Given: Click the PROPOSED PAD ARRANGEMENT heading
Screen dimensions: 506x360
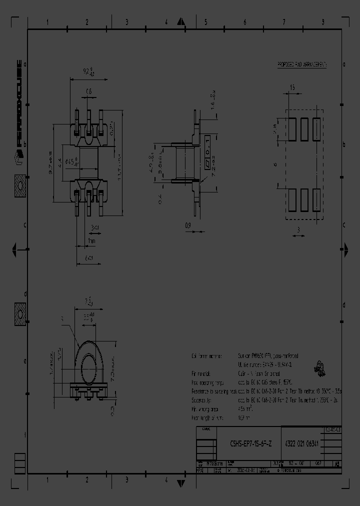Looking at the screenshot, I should [x=302, y=65].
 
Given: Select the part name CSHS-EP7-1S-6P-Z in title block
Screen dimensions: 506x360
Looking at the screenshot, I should [x=251, y=443].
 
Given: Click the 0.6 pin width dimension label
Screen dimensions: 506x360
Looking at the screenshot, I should [x=89, y=91].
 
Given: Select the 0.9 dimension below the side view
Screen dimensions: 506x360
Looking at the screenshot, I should [x=188, y=225].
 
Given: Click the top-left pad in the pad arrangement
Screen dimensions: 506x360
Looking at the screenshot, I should [x=292, y=128].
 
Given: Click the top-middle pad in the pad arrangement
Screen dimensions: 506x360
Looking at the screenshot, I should [x=304, y=128].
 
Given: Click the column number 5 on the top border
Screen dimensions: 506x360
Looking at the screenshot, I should [x=205, y=22].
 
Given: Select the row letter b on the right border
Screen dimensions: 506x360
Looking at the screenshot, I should [x=344, y=144].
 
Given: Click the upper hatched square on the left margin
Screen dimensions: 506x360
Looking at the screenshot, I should [x=20, y=186].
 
